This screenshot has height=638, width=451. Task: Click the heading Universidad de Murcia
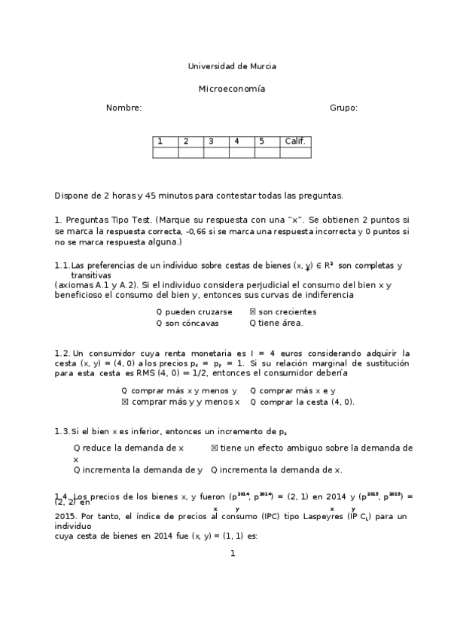pyautogui.click(x=231, y=66)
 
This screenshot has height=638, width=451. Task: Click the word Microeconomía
pyautogui.click(x=231, y=88)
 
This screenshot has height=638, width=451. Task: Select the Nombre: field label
pyautogui.click(x=123, y=108)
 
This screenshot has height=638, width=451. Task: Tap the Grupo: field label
pyautogui.click(x=343, y=108)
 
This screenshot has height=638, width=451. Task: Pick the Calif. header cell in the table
pyautogui.click(x=294, y=141)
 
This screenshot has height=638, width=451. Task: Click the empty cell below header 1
pyautogui.click(x=165, y=153)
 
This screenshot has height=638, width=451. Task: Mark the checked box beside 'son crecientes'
pyautogui.click(x=252, y=311)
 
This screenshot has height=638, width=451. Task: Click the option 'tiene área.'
pyautogui.click(x=280, y=324)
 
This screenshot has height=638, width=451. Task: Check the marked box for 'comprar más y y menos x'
pyautogui.click(x=125, y=402)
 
